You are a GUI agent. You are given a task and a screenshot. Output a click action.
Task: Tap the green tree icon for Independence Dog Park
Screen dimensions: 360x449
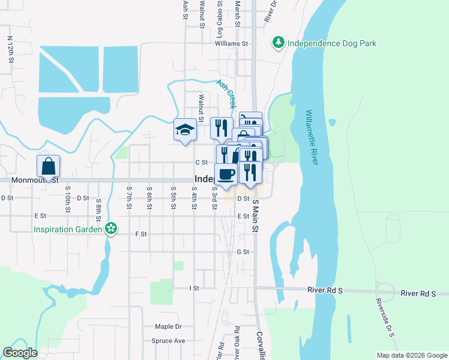(278, 43)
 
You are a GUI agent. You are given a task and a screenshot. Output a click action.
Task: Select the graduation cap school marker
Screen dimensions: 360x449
(185, 130)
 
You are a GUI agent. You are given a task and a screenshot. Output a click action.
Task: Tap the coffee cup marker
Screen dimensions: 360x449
(226, 174)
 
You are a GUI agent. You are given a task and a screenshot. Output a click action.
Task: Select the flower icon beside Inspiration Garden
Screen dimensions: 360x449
(110, 229)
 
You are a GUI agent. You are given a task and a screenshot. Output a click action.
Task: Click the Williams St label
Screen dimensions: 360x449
(232, 44)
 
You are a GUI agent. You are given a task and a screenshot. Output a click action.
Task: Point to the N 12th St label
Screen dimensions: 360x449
(11, 50)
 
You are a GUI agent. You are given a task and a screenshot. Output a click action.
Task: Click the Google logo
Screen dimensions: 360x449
(20, 353)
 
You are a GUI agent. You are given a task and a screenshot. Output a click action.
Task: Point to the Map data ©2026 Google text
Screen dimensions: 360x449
(411, 355)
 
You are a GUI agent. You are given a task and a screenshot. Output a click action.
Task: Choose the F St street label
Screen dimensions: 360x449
(142, 234)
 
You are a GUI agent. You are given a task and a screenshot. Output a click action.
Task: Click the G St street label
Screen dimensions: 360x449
(243, 252)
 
